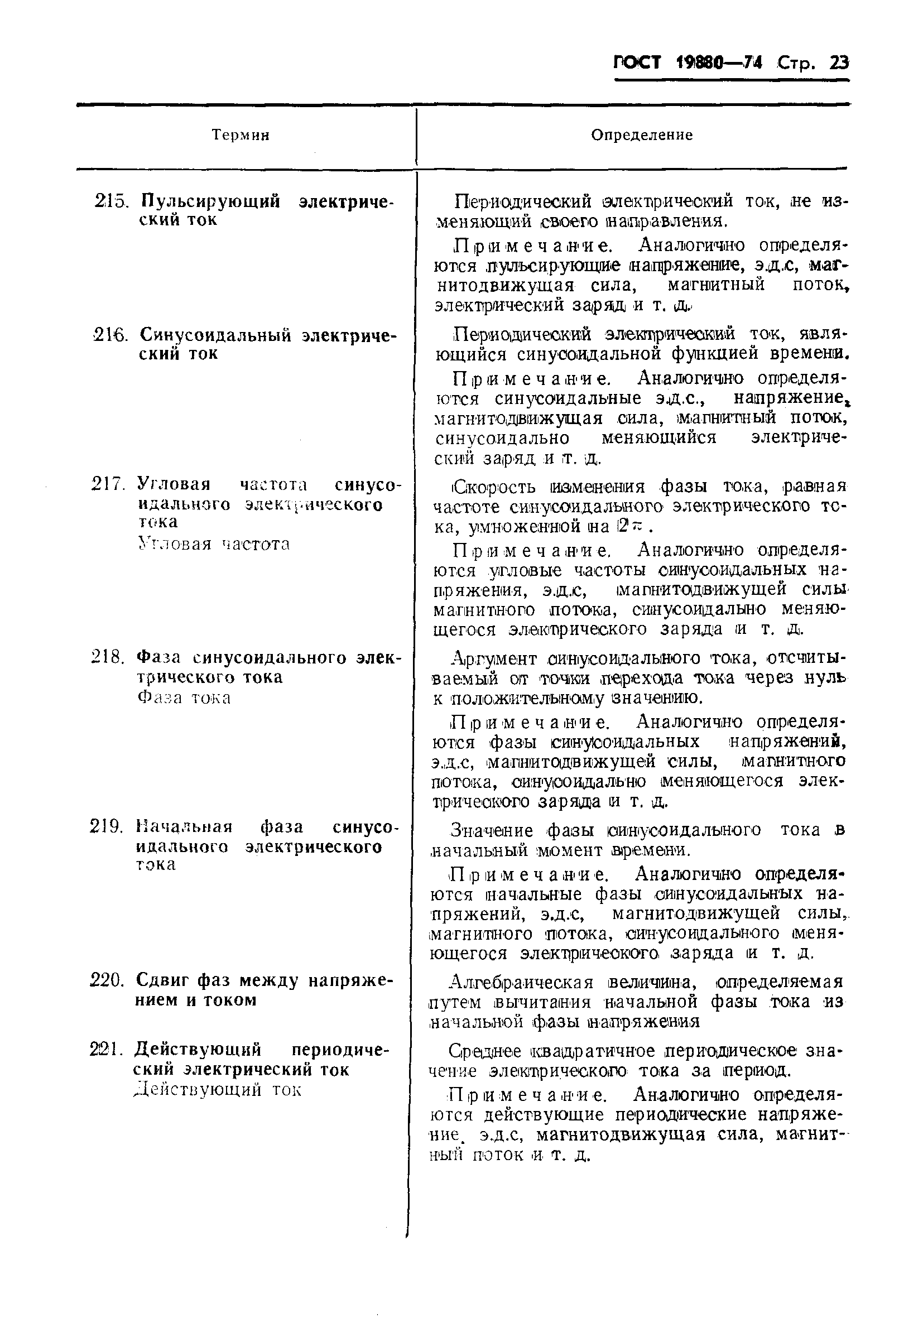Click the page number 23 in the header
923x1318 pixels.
point(839,63)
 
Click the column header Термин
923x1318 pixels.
point(241,136)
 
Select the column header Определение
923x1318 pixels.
point(642,136)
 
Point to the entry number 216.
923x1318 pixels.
point(109,335)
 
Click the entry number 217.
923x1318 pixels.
point(108,484)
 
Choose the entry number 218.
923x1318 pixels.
point(108,657)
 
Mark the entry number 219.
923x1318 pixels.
point(107,826)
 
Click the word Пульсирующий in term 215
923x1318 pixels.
point(210,201)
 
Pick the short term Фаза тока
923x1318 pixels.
point(184,698)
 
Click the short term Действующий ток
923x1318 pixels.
point(218,1090)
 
